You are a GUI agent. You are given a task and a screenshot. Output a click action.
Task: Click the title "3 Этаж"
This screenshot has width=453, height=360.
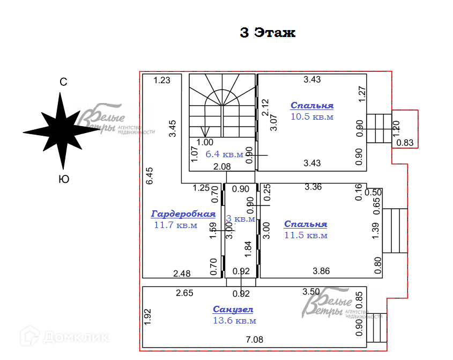(268, 33)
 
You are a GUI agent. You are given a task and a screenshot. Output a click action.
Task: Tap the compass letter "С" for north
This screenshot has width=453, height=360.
(63, 82)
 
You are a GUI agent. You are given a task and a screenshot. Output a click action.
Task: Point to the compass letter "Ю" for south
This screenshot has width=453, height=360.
(63, 180)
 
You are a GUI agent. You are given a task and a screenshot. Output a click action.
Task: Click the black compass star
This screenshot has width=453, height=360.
(60, 130)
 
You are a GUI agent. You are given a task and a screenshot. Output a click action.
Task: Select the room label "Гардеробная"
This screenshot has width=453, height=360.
(183, 214)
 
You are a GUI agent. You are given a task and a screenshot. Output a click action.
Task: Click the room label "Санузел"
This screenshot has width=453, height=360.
(233, 310)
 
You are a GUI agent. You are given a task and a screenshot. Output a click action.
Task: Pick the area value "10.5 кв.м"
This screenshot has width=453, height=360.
(311, 116)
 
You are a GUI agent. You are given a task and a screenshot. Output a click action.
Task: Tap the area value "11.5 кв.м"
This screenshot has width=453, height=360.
(306, 235)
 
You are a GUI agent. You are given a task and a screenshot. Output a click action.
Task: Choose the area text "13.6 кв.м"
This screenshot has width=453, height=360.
(234, 321)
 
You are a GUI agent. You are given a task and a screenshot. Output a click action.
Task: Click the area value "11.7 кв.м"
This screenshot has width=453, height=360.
(175, 225)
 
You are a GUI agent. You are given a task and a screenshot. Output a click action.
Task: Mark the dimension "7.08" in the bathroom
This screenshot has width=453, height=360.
(254, 340)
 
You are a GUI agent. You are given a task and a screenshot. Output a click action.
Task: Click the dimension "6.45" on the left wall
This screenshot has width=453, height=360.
(150, 176)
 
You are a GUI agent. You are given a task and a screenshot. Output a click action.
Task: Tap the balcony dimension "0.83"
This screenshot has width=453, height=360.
(405, 143)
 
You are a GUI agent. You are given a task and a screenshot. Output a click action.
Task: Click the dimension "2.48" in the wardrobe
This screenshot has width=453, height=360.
(182, 274)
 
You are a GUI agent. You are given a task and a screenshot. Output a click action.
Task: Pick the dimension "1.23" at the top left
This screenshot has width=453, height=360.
(161, 80)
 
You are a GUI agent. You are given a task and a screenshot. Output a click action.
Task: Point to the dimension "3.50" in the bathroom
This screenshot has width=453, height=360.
(311, 292)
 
